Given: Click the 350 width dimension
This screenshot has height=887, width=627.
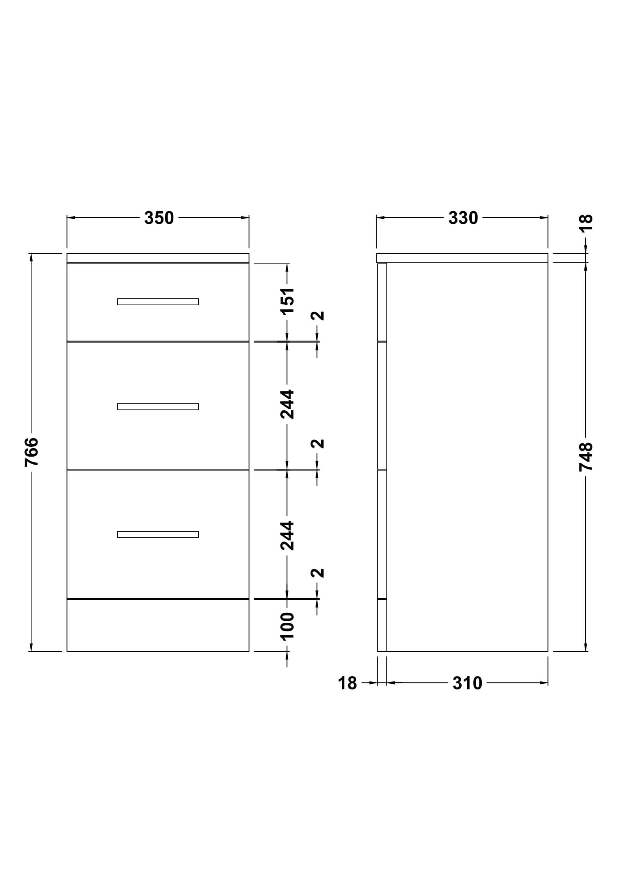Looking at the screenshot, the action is (x=159, y=218).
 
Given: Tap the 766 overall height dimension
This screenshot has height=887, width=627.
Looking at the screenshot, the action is (x=31, y=452).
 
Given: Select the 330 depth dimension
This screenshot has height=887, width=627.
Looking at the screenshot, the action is (x=463, y=218).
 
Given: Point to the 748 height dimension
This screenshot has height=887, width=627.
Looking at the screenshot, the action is (x=586, y=457).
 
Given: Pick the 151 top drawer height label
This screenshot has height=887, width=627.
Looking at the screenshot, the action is (x=287, y=301).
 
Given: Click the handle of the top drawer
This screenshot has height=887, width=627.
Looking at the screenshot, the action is (x=158, y=302).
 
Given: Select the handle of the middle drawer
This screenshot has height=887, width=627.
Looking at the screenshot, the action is (x=158, y=407).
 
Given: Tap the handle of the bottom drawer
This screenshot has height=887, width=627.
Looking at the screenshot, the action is (x=158, y=534).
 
